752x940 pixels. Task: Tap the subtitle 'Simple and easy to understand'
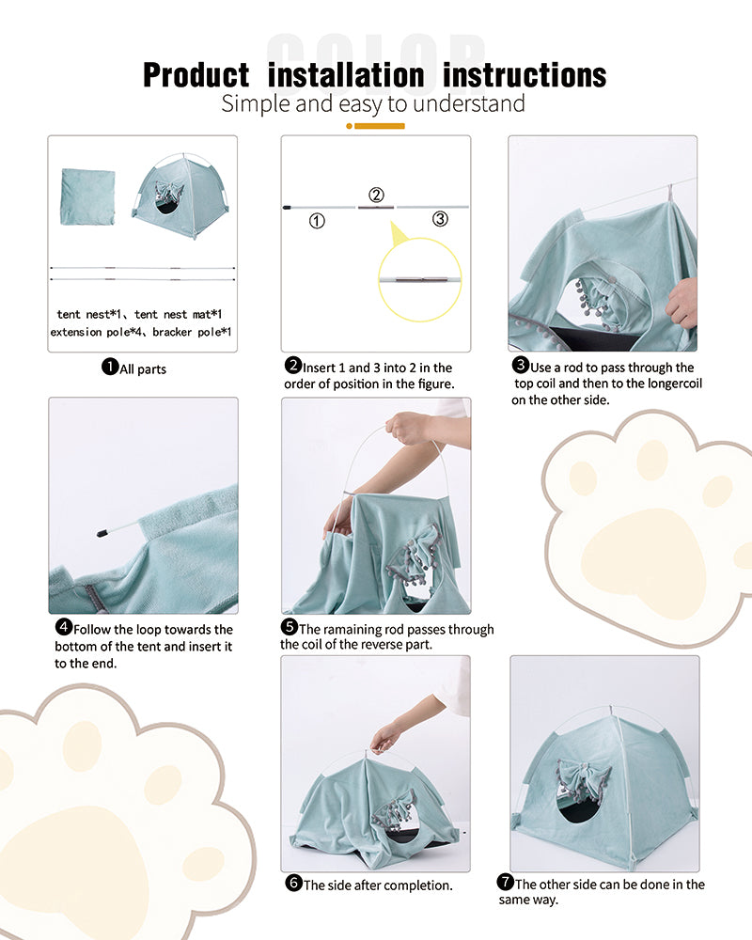[x=372, y=103]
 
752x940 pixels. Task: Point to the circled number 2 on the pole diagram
[x=376, y=196]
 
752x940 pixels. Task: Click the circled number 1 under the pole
[x=317, y=222]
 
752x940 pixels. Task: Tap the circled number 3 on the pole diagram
[x=440, y=219]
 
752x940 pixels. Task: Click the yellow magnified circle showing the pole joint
[x=419, y=279]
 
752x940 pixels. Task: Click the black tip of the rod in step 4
[x=102, y=533]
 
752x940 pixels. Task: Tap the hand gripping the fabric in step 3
[x=681, y=304]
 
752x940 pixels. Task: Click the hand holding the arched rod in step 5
[x=410, y=429]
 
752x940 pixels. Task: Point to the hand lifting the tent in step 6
[x=385, y=739]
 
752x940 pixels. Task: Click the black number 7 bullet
[x=505, y=883]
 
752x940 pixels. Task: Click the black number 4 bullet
[x=64, y=628]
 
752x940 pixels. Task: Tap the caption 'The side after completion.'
[x=377, y=885]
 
